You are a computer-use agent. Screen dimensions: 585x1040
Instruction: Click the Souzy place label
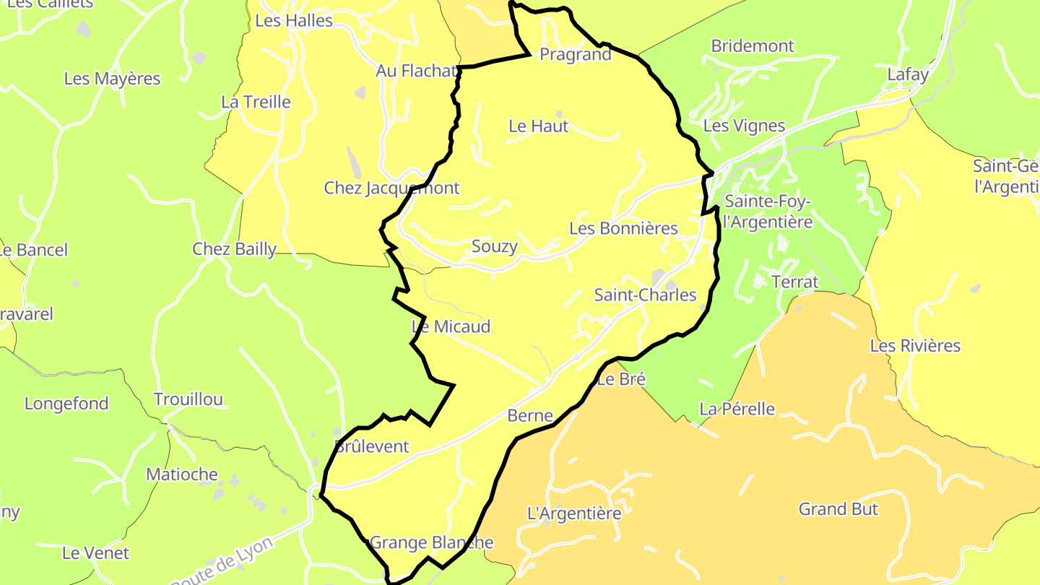click(494, 247)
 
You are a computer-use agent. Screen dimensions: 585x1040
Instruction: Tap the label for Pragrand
click(575, 55)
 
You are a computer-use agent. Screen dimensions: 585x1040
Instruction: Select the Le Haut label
click(538, 126)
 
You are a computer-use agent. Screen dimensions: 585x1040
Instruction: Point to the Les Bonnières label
click(623, 229)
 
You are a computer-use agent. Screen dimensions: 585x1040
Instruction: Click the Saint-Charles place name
click(645, 295)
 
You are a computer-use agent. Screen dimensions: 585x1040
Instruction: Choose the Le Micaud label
click(451, 327)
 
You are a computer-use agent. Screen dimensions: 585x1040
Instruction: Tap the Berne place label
click(530, 416)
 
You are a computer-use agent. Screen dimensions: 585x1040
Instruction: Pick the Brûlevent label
click(372, 446)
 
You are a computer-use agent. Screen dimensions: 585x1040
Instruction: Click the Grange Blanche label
click(431, 543)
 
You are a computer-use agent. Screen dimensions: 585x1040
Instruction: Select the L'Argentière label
click(574, 514)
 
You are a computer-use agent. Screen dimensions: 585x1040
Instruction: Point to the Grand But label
click(838, 509)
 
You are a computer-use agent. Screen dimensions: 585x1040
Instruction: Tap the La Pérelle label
click(737, 409)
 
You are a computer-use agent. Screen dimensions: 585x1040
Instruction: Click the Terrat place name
click(795, 282)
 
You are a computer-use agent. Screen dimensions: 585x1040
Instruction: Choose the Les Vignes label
click(743, 126)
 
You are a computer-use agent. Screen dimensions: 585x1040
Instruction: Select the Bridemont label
click(752, 46)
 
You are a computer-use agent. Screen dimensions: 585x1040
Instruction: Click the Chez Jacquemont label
click(391, 188)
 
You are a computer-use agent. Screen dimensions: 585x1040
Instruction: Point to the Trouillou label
click(188, 399)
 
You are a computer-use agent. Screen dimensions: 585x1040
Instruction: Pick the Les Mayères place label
click(112, 79)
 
